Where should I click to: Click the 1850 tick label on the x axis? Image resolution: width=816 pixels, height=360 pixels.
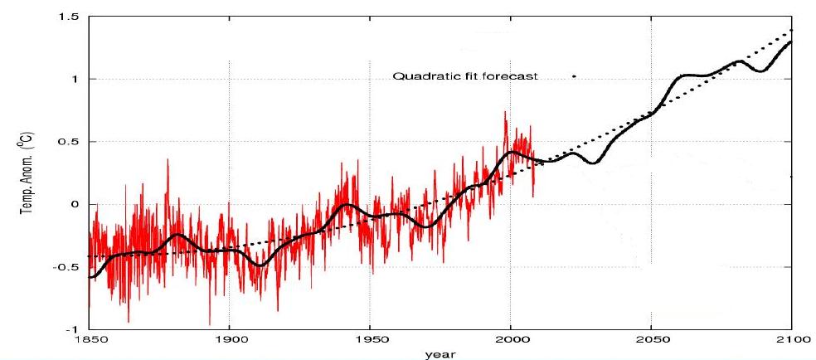(89, 340)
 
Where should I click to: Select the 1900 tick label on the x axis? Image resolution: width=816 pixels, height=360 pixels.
(229, 340)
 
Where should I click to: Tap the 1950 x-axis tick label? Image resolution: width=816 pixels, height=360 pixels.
(370, 340)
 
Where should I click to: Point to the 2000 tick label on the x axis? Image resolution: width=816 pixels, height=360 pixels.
(511, 340)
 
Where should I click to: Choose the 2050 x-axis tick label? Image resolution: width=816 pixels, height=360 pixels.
(652, 340)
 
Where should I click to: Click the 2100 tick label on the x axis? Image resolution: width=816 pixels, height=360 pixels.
(792, 340)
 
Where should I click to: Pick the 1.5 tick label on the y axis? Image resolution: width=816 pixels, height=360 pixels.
(73, 17)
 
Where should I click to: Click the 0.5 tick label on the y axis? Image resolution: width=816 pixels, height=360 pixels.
(73, 142)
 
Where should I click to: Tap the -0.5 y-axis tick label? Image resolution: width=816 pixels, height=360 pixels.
(71, 267)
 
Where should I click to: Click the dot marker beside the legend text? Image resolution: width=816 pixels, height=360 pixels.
(574, 76)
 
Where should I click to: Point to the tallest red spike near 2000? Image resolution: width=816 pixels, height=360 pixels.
(504, 112)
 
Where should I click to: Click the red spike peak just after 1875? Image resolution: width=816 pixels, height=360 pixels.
(168, 159)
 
